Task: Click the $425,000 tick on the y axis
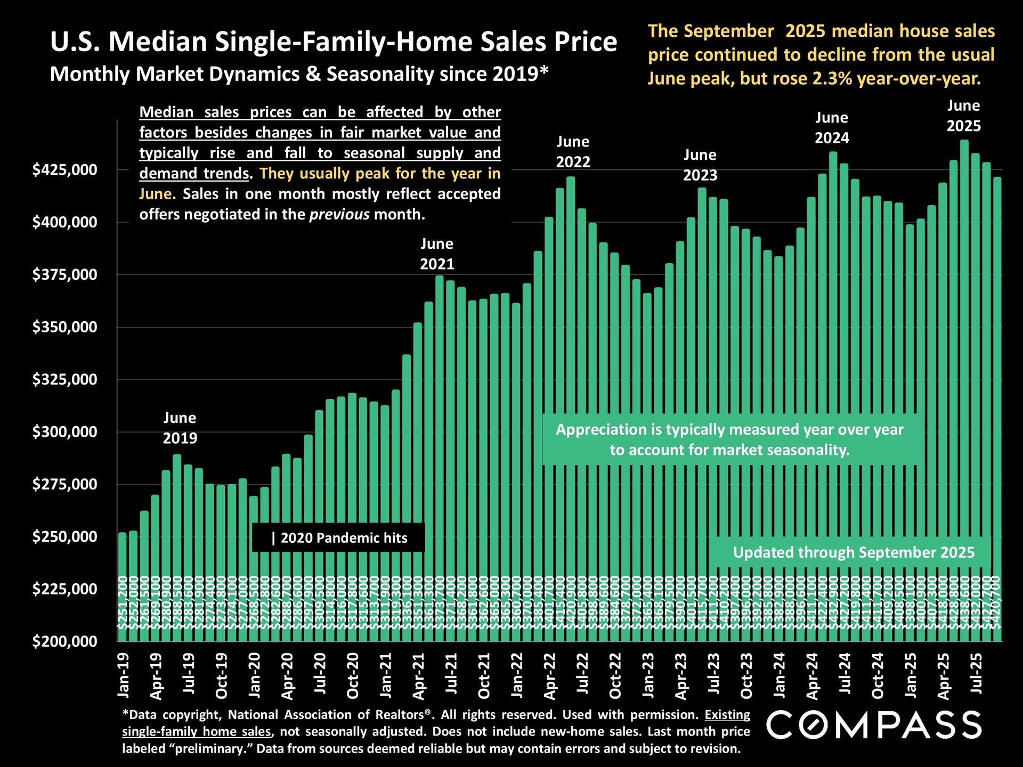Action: coord(65,170)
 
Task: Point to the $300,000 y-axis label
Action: coord(65,431)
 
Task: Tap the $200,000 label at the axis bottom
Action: coord(65,641)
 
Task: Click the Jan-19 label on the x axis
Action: coord(123,675)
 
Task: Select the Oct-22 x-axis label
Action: coord(615,675)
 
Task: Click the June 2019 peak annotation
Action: coord(180,428)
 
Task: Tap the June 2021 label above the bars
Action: coord(437,254)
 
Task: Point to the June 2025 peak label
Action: coord(963,116)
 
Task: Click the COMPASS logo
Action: coord(874,725)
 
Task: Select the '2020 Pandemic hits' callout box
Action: coord(339,538)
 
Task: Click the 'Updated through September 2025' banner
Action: coord(853,552)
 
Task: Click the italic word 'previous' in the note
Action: coord(339,214)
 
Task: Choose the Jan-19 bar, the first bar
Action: coord(123,586)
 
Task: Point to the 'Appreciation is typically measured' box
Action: coord(729,439)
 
